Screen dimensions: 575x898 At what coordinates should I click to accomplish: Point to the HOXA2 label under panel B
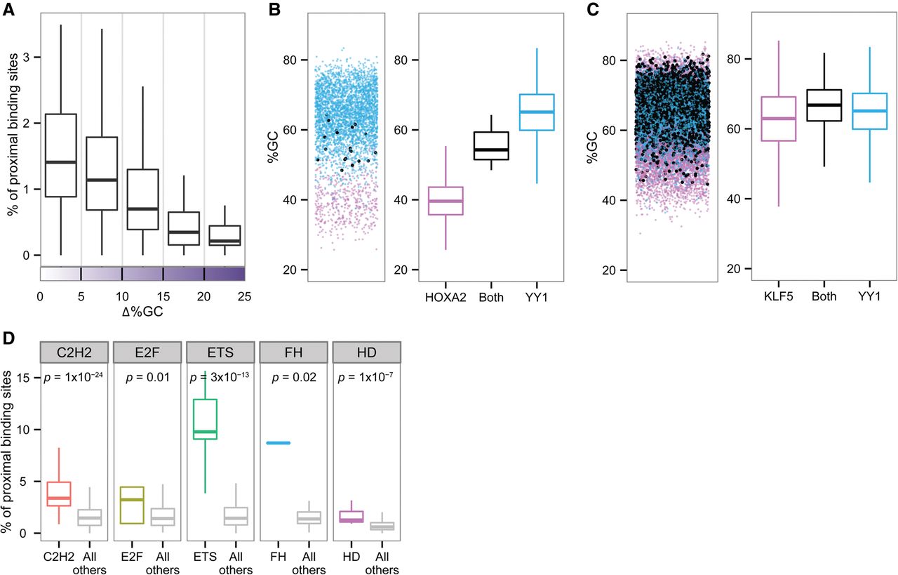445,296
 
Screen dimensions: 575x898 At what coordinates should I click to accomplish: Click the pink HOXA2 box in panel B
445,201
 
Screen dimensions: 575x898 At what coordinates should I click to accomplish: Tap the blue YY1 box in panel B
535,112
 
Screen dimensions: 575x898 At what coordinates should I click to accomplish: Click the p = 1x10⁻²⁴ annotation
73,378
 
